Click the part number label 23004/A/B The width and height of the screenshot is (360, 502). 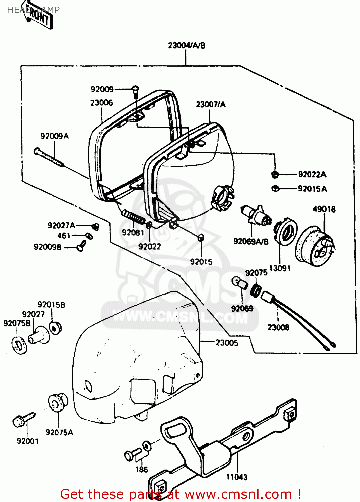pyautogui.click(x=187, y=45)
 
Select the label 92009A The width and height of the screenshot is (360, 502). pyautogui.click(x=54, y=136)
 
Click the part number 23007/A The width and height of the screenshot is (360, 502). pyautogui.click(x=211, y=104)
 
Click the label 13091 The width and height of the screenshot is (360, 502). pyautogui.click(x=280, y=268)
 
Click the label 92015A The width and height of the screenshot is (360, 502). pyautogui.click(x=312, y=189)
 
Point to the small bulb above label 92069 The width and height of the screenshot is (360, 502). pyautogui.click(x=240, y=283)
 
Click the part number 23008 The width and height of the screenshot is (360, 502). pyautogui.click(x=278, y=327)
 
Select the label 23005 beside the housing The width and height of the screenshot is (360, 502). pyautogui.click(x=227, y=343)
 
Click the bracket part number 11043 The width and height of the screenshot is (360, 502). pyautogui.click(x=237, y=477)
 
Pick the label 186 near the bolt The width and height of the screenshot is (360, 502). pyautogui.click(x=141, y=470)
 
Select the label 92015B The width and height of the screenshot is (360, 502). pyautogui.click(x=51, y=305)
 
